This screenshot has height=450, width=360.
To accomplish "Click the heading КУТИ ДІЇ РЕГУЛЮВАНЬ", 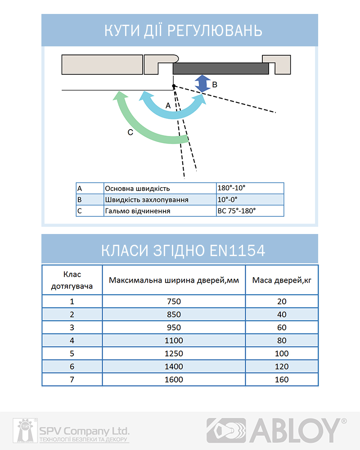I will click(180, 31).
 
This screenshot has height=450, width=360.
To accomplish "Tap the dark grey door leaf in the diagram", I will click(220, 68).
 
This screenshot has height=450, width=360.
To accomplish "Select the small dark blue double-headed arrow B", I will click(202, 84).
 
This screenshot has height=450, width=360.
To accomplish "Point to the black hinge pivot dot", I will click(174, 85).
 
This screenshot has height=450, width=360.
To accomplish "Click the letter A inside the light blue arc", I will click(168, 105).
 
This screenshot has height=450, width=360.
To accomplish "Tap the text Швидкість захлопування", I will click(146, 199).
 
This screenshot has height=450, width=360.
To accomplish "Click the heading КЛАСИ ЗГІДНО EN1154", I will click(180, 250).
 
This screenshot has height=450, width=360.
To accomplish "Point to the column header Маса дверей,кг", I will click(282, 280).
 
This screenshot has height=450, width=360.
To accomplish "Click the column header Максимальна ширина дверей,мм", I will click(174, 280).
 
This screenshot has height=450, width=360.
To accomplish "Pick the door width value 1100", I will click(174, 340).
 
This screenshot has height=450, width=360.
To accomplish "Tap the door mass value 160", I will click(282, 379).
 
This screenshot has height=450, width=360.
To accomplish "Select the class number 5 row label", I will click(72, 353).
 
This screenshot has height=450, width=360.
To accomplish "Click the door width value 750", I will click(174, 301).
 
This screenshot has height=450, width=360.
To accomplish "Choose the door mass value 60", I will click(282, 327).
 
